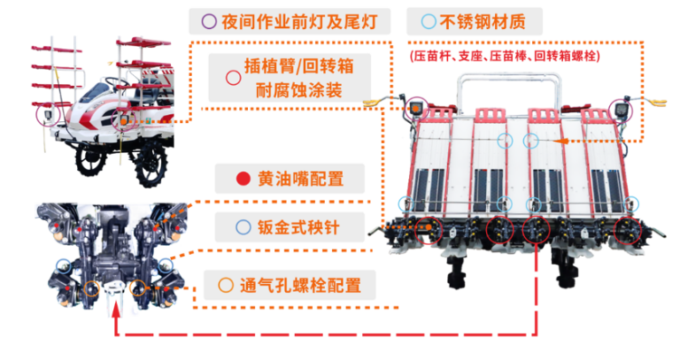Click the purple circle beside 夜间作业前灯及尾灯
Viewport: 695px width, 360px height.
tap(209, 21)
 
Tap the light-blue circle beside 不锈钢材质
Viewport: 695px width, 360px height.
tap(428, 21)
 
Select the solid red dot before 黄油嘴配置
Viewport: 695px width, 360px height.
tap(243, 178)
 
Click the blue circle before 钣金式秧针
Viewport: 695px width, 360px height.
tap(243, 227)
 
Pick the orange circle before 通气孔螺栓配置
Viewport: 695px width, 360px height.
tap(225, 285)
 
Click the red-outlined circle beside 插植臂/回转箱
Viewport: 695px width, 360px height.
tap(233, 78)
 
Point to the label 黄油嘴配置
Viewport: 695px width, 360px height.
tap(300, 179)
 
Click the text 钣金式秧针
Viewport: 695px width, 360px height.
tap(299, 228)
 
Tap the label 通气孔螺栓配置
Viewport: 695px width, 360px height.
tap(300, 285)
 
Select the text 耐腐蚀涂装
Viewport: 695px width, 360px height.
tap(299, 90)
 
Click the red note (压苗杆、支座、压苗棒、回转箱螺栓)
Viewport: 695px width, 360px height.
tap(505, 56)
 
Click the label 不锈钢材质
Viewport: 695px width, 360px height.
tap(482, 21)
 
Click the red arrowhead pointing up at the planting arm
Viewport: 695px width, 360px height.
tap(116, 308)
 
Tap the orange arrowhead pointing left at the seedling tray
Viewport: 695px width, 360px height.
tap(562, 141)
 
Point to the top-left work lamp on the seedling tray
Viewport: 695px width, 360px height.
tap(415, 108)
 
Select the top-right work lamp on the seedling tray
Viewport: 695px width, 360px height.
tap(620, 109)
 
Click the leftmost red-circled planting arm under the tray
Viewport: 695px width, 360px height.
tap(429, 231)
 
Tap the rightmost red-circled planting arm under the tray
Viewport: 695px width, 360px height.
tap(627, 231)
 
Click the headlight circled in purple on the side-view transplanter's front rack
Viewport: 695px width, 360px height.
tap(48, 116)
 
